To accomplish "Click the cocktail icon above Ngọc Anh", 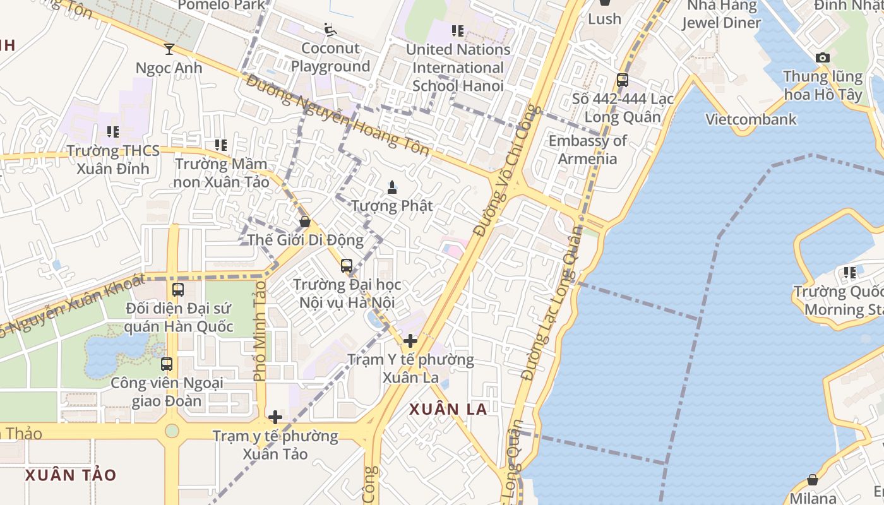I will click(x=169, y=49).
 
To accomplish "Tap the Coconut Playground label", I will click(x=330, y=57).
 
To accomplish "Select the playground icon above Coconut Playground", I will click(x=330, y=29).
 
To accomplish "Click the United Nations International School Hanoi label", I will click(x=458, y=68).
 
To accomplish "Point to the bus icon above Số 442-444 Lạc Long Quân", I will click(x=623, y=80).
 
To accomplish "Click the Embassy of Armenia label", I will click(x=587, y=150).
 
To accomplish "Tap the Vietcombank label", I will click(x=751, y=119).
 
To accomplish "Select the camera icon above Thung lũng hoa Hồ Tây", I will click(x=822, y=58).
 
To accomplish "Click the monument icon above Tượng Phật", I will click(x=392, y=187).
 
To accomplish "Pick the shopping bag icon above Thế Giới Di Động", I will click(x=305, y=222).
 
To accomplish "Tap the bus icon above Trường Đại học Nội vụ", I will click(x=347, y=266).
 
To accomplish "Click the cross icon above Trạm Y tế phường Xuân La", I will click(x=410, y=341).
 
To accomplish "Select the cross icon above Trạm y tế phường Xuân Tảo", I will click(x=275, y=417).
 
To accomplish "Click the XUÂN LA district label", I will click(x=448, y=409).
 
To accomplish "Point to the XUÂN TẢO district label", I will click(x=71, y=475).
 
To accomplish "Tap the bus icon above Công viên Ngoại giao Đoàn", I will click(x=167, y=364).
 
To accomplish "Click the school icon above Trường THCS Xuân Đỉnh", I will click(x=113, y=132).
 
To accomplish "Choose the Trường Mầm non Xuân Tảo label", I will click(x=222, y=173).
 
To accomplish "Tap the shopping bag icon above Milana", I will click(x=813, y=480).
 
